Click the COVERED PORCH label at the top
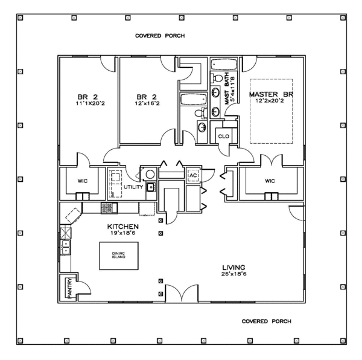click(159, 36)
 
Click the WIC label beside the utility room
click(83, 179)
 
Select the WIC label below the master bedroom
click(270, 179)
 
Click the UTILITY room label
click(133, 187)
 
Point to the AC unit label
click(194, 176)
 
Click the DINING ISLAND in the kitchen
click(118, 256)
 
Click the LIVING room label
click(233, 266)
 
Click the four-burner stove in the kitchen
click(107, 207)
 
